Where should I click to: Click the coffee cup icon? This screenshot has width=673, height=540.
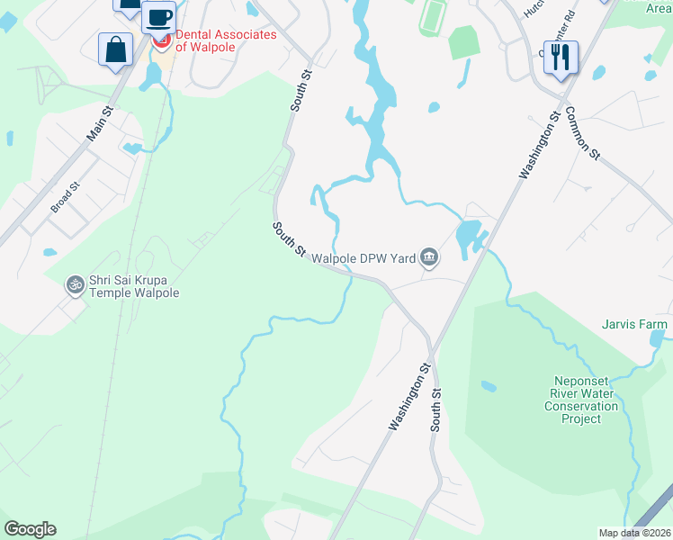click(158, 17)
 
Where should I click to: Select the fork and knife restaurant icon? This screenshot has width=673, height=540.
click(561, 58)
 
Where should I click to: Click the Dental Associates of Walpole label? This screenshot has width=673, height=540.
click(225, 40)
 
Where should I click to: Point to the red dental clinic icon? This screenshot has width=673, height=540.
click(162, 41)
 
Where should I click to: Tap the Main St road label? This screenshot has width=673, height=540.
click(100, 124)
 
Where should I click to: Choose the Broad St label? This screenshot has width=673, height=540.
click(66, 196)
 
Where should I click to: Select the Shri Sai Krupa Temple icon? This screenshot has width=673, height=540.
click(75, 285)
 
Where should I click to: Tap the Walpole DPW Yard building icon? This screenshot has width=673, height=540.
click(429, 259)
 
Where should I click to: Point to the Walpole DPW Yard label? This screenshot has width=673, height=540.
click(363, 259)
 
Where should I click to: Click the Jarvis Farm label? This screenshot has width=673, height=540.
click(636, 324)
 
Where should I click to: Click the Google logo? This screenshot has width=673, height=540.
click(30, 529)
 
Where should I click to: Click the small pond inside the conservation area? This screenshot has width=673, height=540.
click(489, 387)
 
